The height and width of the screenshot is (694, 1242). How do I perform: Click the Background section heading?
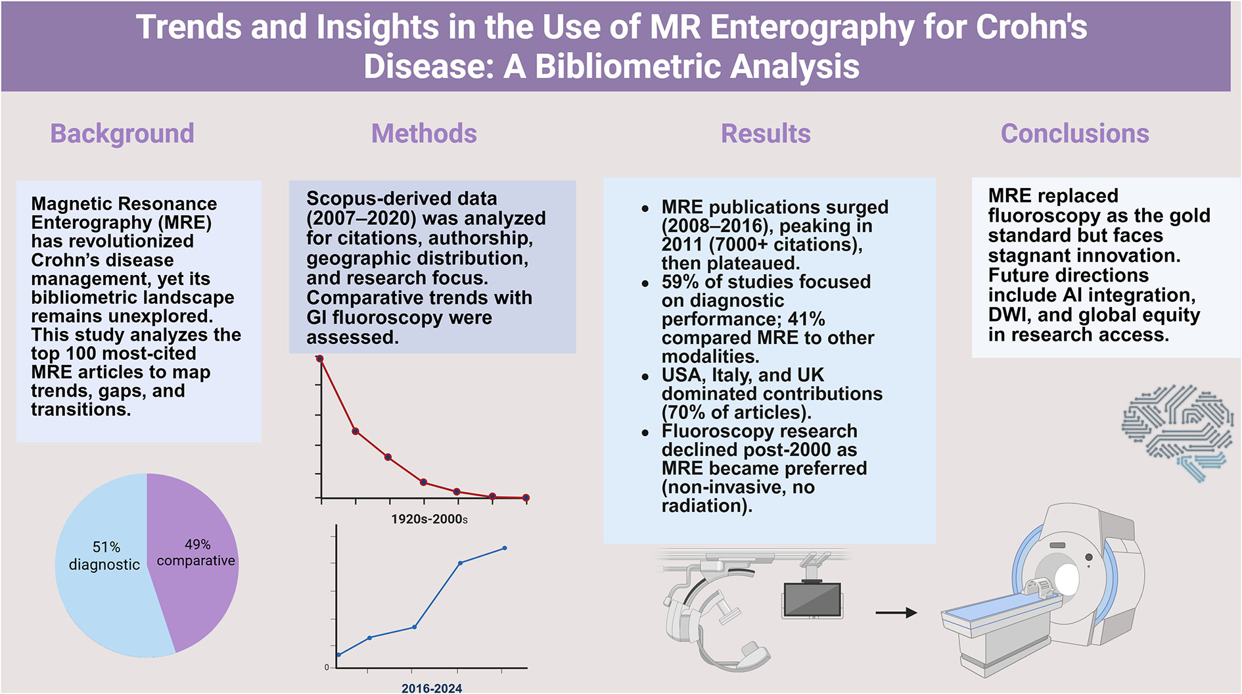(x=122, y=134)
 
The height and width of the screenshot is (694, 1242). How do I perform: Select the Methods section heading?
(x=424, y=134)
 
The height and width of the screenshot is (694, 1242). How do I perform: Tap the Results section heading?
(x=766, y=134)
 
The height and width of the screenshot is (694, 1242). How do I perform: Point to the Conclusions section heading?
(x=1074, y=134)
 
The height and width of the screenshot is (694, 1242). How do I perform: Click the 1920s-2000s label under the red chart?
(x=429, y=519)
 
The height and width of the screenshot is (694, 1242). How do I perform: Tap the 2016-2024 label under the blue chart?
(x=432, y=688)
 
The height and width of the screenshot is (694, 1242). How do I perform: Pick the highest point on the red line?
(x=320, y=359)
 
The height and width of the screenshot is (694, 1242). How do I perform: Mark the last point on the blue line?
(x=505, y=548)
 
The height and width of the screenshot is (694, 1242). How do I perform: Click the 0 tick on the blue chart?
(x=327, y=667)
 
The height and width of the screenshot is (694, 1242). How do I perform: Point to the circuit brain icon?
(x=1177, y=431)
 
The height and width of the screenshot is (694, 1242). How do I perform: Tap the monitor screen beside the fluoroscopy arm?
(x=812, y=599)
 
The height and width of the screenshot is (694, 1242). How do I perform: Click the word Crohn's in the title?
(x=1031, y=28)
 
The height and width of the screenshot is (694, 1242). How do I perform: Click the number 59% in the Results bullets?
(x=679, y=282)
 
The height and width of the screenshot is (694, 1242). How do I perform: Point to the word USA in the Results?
(x=682, y=375)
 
